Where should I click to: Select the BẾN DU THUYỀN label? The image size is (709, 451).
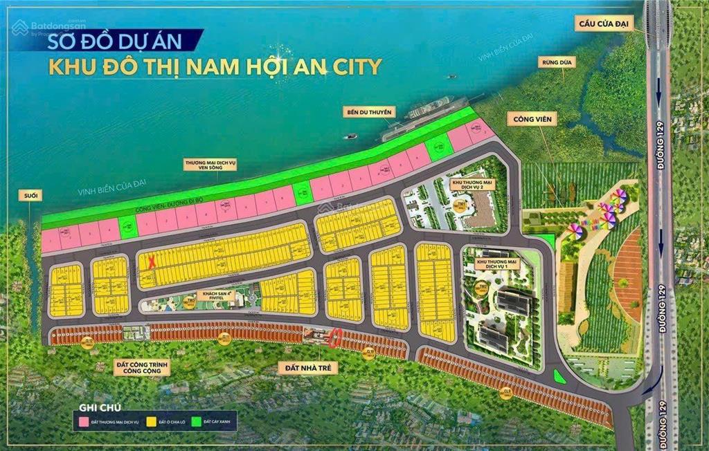pyautogui.click(x=370, y=111)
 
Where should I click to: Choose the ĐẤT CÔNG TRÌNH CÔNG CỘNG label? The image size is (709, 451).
pyautogui.click(x=141, y=367)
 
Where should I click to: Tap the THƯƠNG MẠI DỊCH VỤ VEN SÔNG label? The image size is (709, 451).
pyautogui.click(x=210, y=165)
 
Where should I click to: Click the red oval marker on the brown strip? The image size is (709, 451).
pyautogui.click(x=336, y=339)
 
